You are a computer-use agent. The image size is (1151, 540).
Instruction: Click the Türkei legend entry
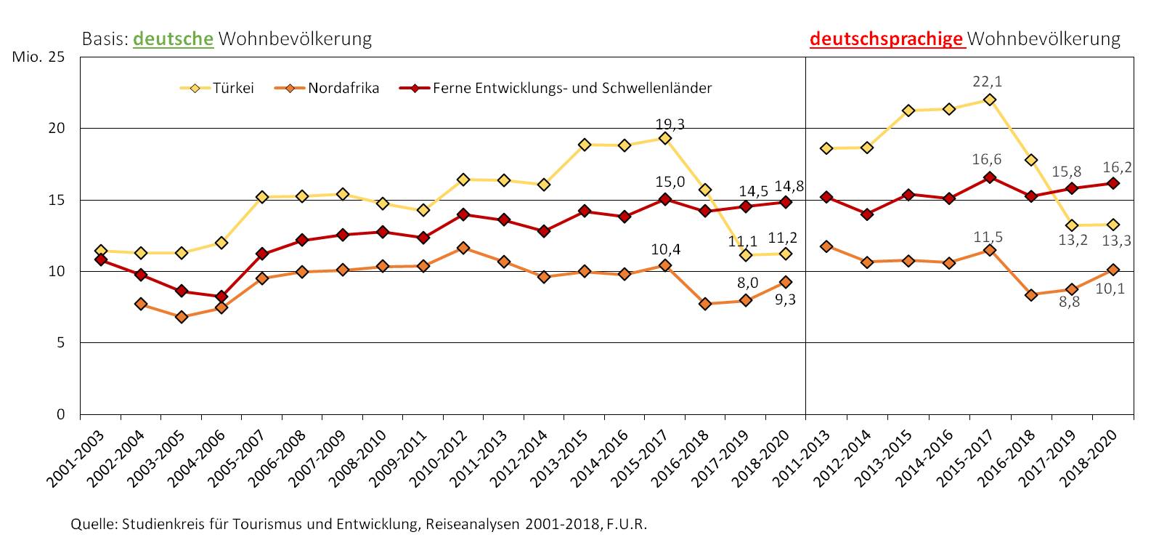tap(216, 89)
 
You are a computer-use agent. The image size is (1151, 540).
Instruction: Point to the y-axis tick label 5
tap(61, 343)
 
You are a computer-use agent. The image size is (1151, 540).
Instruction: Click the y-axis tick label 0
tap(61, 414)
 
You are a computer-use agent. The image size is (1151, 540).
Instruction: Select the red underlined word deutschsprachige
tap(886, 39)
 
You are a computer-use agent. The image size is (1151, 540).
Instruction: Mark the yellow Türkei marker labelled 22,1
tap(988, 100)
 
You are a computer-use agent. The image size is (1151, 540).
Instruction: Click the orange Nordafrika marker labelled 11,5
tap(988, 250)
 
